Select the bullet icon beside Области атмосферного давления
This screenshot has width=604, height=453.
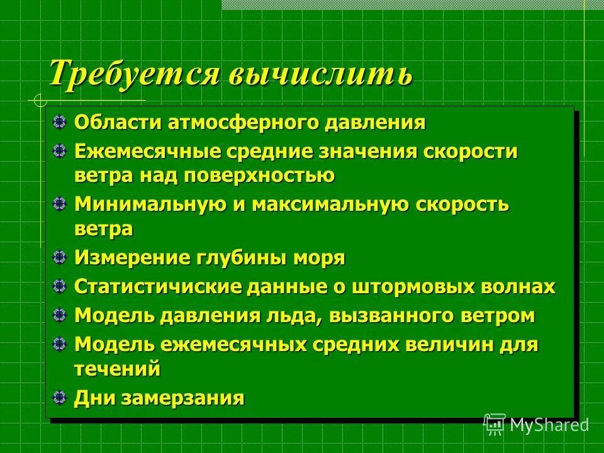pyautogui.click(x=59, y=121)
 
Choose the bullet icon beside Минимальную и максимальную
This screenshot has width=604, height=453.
pyautogui.click(x=59, y=204)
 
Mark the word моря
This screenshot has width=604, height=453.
pyautogui.click(x=322, y=258)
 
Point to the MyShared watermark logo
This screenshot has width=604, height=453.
pyautogui.click(x=537, y=424)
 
